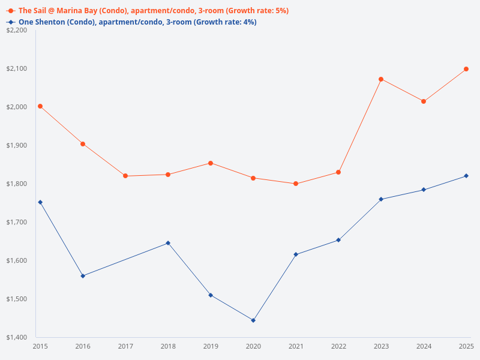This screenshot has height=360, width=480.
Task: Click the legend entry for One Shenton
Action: coord(132,22)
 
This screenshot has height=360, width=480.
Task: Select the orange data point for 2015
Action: coord(40,106)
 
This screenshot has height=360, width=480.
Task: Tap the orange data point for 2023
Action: coord(381,79)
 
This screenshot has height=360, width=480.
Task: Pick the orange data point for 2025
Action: coord(466,69)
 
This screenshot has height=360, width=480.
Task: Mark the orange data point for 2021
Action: coord(296,184)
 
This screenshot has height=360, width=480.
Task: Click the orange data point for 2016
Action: coord(83,144)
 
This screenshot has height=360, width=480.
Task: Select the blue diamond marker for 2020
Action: coord(253,320)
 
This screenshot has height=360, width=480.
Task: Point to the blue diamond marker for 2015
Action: coord(40,202)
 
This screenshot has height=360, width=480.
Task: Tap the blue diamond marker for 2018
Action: coord(168,243)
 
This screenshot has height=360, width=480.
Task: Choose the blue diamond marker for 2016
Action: coord(83,276)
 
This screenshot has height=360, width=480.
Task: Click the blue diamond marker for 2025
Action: coord(466,176)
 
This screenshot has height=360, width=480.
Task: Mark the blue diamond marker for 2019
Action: coord(211,295)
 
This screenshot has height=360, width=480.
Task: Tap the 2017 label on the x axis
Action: coord(125,346)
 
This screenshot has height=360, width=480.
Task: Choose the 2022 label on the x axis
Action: coord(338,346)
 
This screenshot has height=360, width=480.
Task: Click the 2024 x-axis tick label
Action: coord(424,346)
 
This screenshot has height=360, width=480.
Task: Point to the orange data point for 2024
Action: coord(424,101)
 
